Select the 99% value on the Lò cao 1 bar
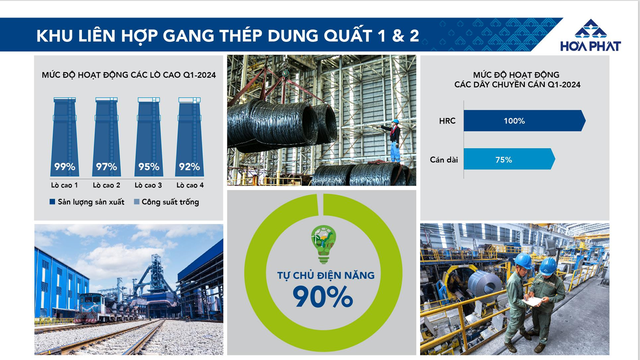66,166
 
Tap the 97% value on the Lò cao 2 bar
107,166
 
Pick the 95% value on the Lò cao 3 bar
148,166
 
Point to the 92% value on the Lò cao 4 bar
188,166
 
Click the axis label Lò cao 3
148,185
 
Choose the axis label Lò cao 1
66,185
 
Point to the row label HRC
447,122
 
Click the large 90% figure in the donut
322,296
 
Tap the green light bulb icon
322,241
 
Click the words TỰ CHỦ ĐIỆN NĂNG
322,273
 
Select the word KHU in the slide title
54,37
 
